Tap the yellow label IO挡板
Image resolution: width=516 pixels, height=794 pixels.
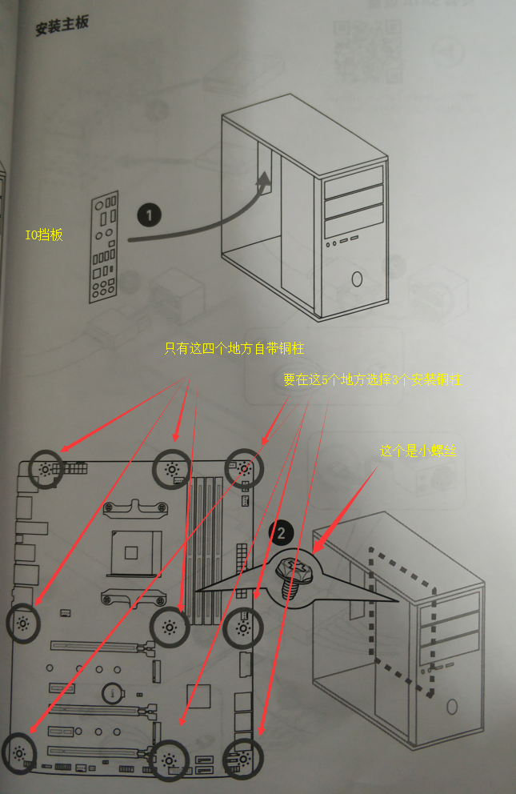[44, 235]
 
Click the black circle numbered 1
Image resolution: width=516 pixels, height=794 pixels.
[150, 215]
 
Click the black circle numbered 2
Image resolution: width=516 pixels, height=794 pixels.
[281, 531]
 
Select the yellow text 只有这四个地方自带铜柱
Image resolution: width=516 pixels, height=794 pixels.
[234, 349]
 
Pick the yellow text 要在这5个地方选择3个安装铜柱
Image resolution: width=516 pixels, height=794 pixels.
[372, 380]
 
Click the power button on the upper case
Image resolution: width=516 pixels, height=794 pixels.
[356, 279]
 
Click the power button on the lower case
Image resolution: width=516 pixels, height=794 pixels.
[453, 706]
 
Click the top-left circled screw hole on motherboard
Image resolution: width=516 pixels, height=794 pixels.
[45, 469]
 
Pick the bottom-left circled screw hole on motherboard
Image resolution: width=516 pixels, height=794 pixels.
[19, 753]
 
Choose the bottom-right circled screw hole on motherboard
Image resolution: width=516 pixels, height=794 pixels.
[242, 756]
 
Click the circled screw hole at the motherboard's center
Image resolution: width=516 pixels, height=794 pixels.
[170, 626]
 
